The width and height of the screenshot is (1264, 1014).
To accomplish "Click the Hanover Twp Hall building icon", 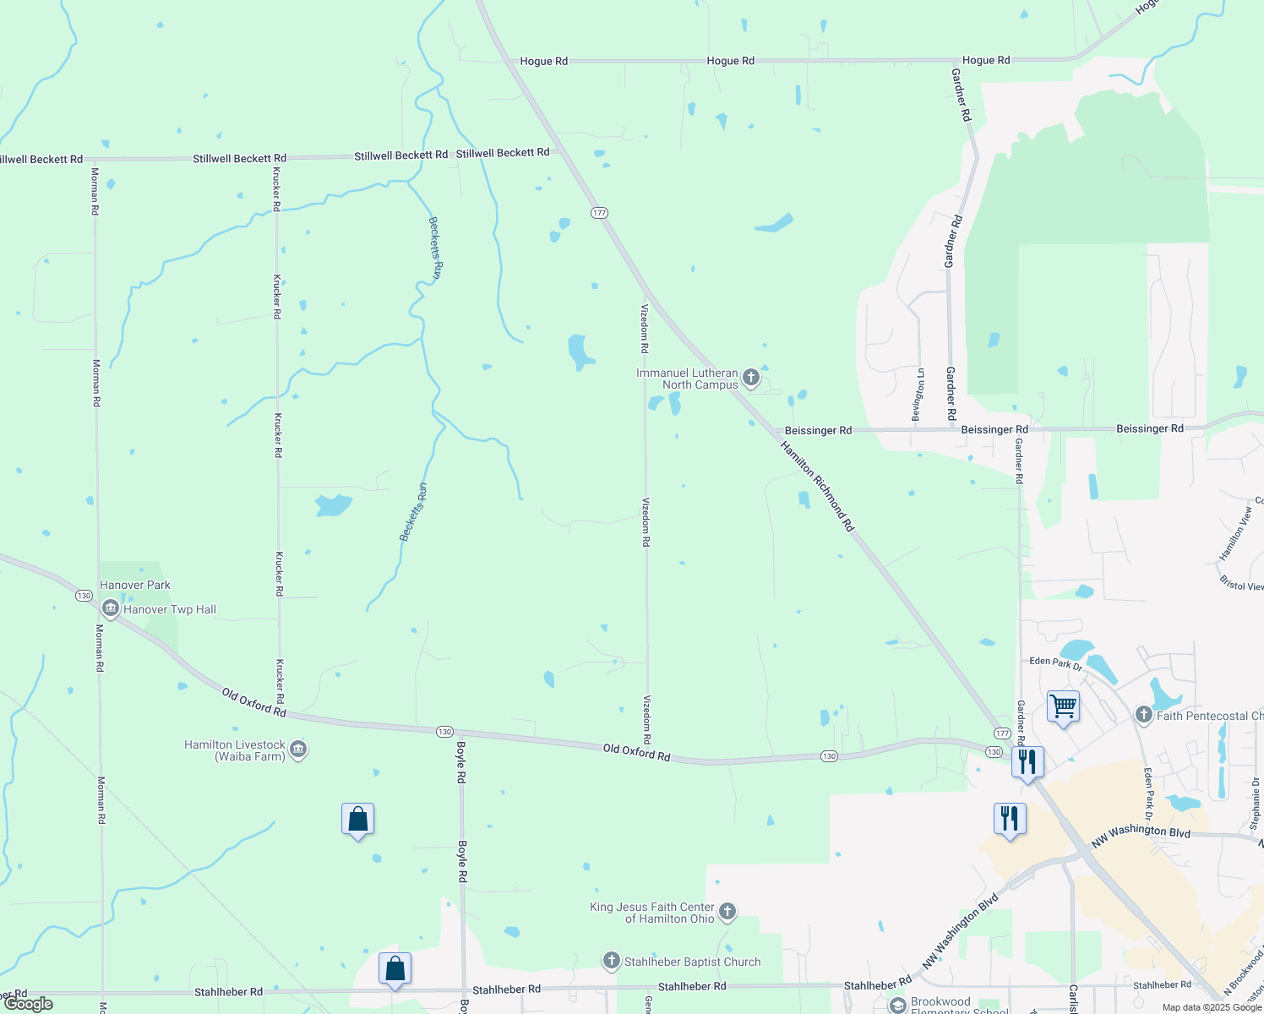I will pyautogui.click(x=110, y=608).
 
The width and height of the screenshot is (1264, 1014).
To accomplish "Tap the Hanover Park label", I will pyautogui.click(x=135, y=585).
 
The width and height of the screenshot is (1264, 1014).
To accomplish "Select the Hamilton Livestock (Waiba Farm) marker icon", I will pyautogui.click(x=298, y=750).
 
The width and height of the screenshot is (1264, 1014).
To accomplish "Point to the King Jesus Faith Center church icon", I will pyautogui.click(x=727, y=912).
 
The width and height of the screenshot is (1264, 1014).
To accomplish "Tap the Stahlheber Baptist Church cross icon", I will pyautogui.click(x=612, y=961).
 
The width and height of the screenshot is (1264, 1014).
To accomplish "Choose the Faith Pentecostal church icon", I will pyautogui.click(x=1144, y=716).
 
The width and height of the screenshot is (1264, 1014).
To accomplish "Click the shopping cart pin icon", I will pyautogui.click(x=1063, y=706).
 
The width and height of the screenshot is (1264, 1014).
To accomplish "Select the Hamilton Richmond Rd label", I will pyautogui.click(x=817, y=486).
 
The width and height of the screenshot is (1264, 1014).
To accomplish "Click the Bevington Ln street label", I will pyautogui.click(x=918, y=394).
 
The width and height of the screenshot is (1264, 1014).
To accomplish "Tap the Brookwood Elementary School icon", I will pyautogui.click(x=897, y=1005).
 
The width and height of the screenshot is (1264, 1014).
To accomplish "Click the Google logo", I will pyautogui.click(x=29, y=1004).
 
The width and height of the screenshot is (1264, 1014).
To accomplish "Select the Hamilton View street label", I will pyautogui.click(x=1235, y=533).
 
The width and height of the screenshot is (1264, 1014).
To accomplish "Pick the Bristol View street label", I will pyautogui.click(x=1242, y=583).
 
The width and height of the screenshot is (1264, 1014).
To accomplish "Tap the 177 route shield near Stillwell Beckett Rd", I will pyautogui.click(x=599, y=212).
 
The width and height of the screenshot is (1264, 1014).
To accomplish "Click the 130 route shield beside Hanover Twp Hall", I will pyautogui.click(x=84, y=596).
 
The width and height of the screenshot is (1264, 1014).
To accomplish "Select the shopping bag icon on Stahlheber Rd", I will pyautogui.click(x=395, y=969).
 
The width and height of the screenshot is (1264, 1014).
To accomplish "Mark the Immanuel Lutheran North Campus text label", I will pyautogui.click(x=687, y=379).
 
